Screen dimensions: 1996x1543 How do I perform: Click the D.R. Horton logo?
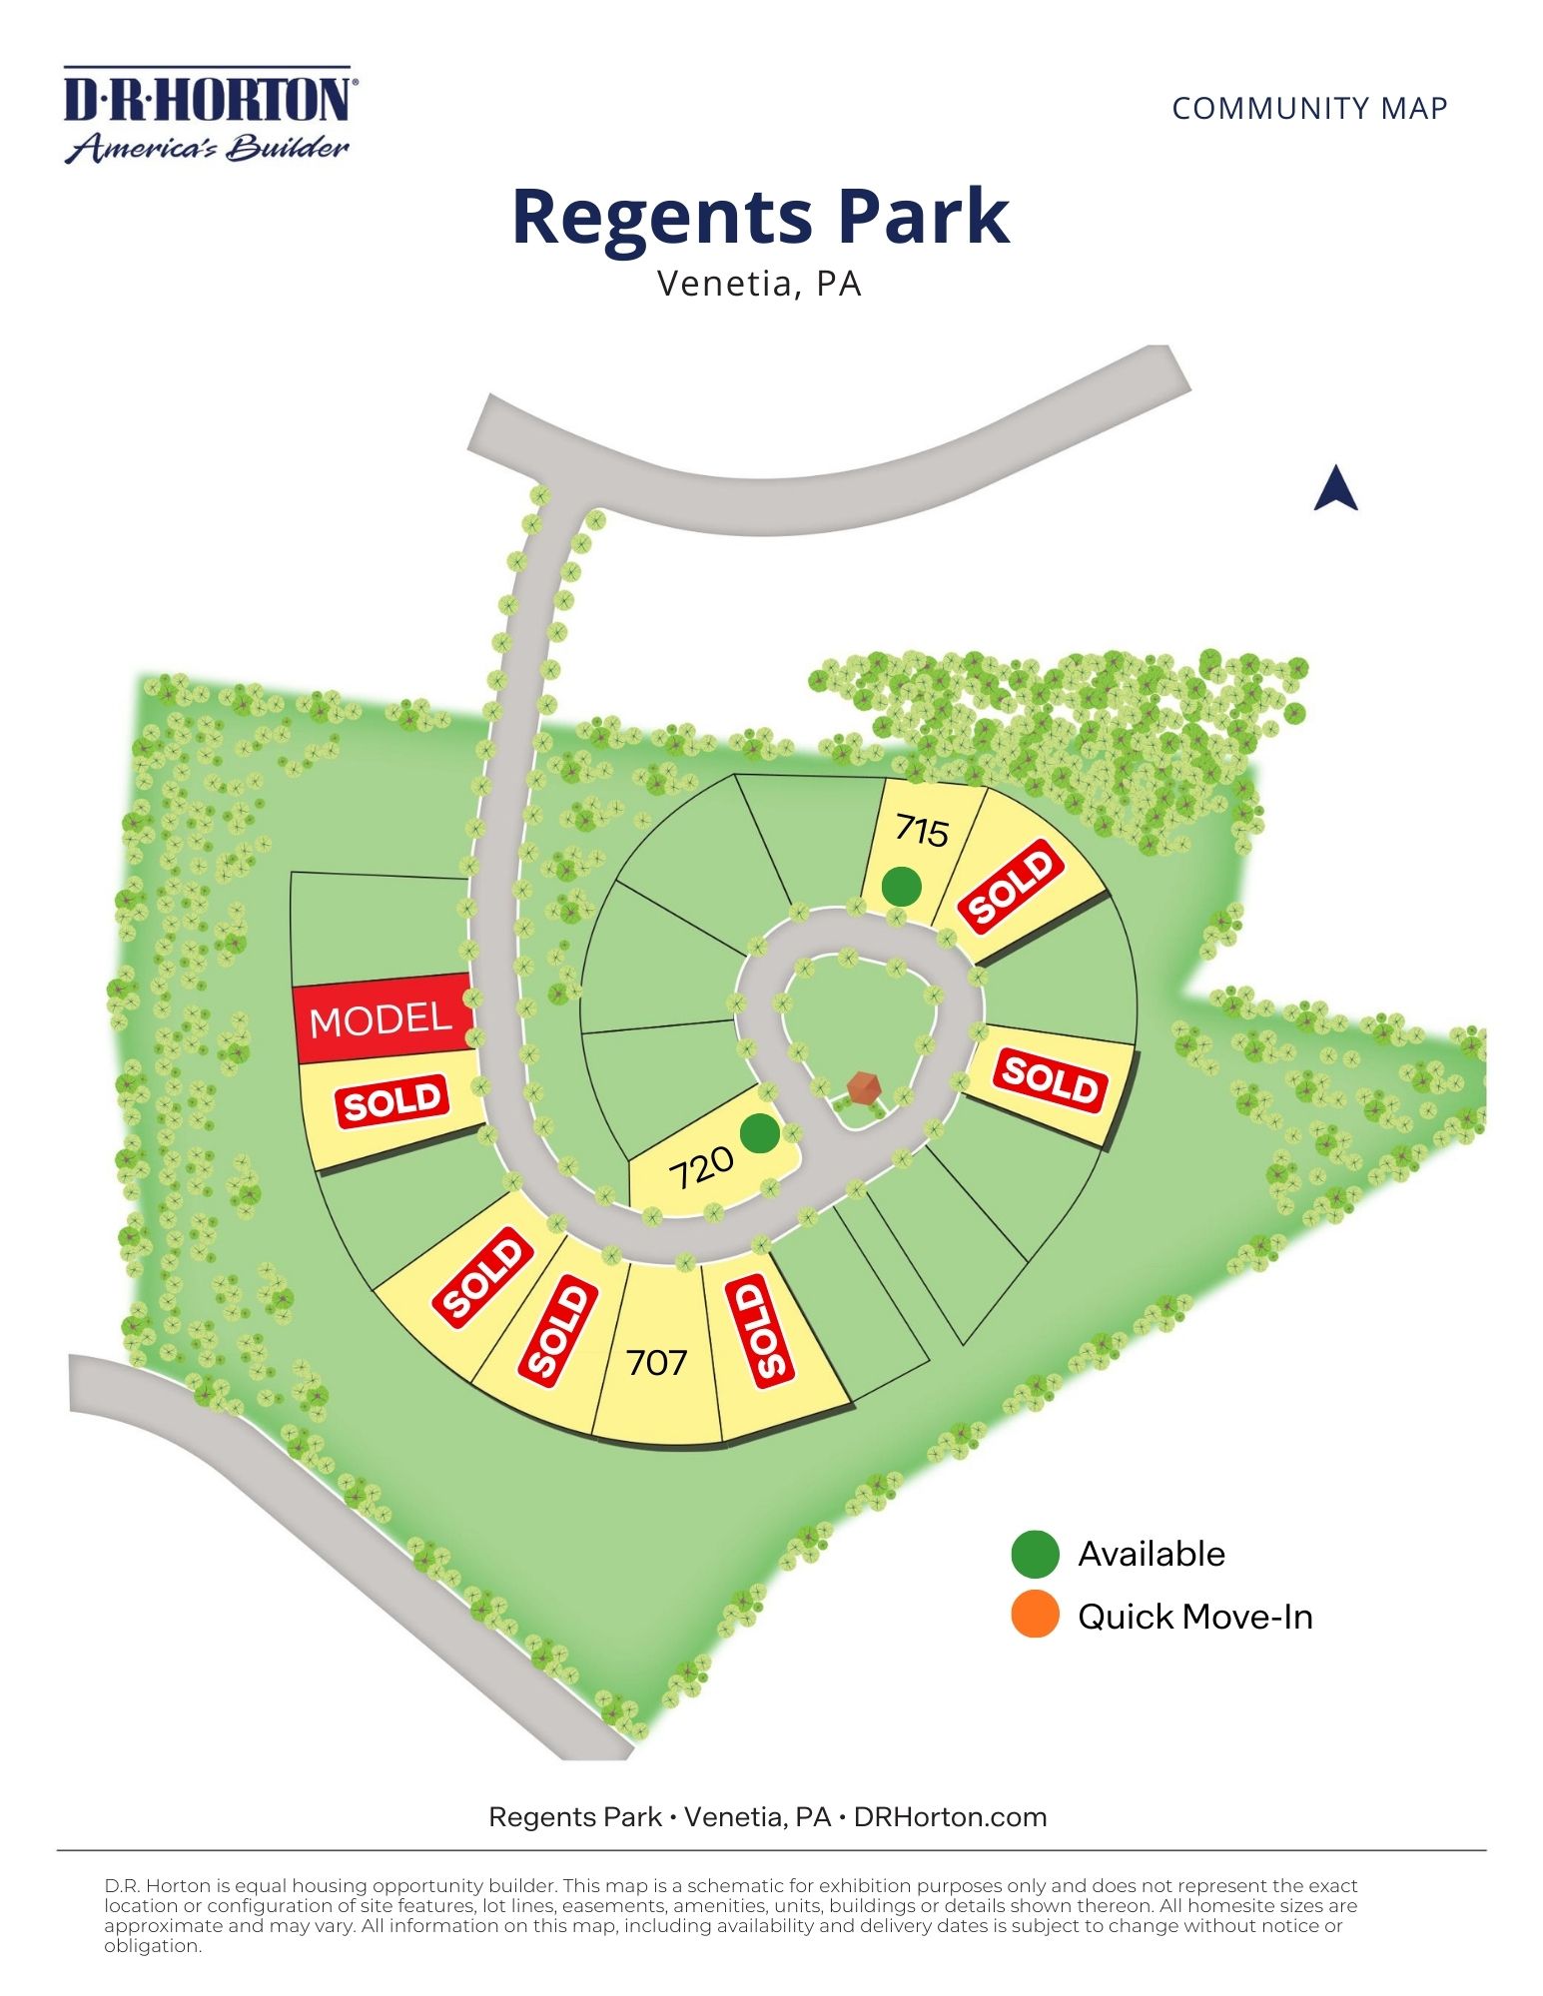208,114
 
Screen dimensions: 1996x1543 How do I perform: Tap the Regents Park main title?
760,217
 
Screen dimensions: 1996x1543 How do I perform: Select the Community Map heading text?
1309,108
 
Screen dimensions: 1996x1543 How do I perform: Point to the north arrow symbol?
1335,489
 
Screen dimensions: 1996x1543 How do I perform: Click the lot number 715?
921,830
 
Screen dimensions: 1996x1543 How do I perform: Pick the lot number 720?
701,1167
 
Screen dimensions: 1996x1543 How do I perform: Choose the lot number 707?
656,1362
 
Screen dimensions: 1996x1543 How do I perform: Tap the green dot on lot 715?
901,885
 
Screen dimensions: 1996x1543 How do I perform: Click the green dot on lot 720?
760,1132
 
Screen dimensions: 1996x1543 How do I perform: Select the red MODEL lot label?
382,1019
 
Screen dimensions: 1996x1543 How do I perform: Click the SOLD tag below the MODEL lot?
392,1100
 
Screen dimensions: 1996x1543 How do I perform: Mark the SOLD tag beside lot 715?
1010,885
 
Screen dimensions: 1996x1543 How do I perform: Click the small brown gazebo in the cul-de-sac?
862,1086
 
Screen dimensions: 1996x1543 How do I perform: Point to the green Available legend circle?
1035,1554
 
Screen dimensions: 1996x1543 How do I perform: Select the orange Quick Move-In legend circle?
1035,1616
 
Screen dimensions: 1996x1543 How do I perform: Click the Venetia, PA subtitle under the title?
759,284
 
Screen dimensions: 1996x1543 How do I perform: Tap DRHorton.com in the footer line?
950,1816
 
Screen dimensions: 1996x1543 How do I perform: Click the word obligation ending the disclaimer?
153,1945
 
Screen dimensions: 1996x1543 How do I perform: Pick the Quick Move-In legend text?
1194,1617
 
